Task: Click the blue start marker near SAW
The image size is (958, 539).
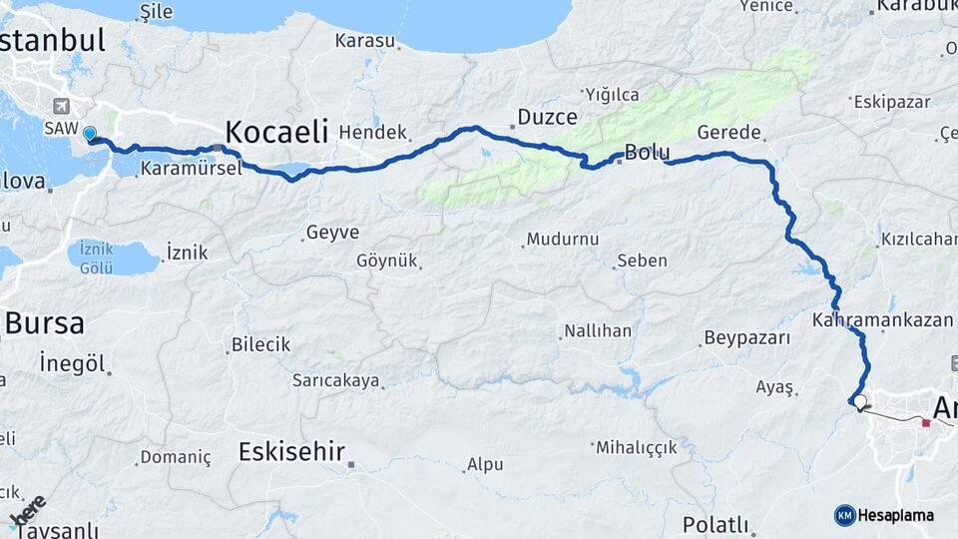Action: coord(90,134)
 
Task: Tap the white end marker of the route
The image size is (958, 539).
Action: coord(859,403)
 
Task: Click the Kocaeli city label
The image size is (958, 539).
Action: coord(276,131)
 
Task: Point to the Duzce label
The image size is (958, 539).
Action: coord(547,118)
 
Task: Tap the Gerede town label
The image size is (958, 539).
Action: coord(729,132)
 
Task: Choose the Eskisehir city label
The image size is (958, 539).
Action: coord(291,451)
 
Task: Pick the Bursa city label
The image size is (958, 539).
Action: coord(45,322)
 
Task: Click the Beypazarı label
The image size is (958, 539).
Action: coord(746,337)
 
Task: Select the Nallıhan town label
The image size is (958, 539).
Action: coord(598,330)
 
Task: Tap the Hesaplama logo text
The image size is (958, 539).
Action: coord(895,515)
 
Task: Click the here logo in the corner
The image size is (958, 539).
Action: coord(27,510)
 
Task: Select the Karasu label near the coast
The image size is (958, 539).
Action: coord(364,41)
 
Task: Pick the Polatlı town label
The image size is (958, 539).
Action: coord(716,524)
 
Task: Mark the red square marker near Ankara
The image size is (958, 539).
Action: coord(926,424)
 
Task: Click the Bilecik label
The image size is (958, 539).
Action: coord(260,344)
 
